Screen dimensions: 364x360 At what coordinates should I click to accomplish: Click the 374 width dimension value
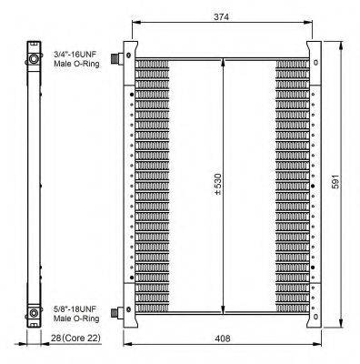click(222, 15)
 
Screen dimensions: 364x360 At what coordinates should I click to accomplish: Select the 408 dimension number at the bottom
click(222, 339)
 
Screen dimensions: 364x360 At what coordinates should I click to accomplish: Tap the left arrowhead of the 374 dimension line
click(135, 24)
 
